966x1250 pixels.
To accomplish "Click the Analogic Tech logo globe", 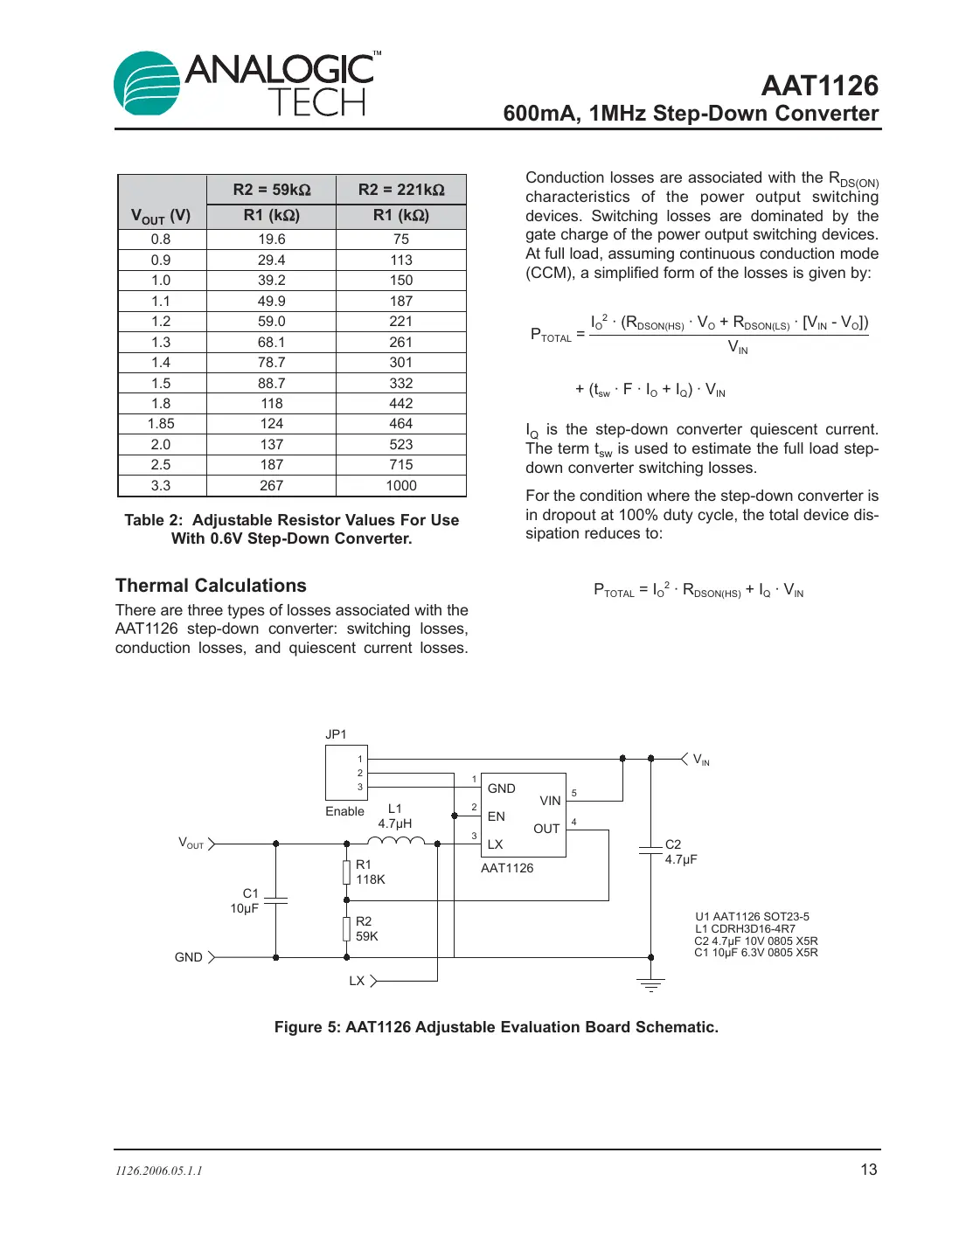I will click(147, 84).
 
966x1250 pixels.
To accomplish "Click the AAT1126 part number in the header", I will click(819, 86).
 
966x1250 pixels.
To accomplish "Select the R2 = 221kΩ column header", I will click(401, 190).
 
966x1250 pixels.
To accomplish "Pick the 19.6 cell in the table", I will click(271, 240).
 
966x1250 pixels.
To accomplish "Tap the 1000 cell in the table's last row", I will click(401, 486).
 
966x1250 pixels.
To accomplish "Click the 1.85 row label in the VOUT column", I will click(161, 424).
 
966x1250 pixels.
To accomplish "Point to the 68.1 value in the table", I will click(271, 343).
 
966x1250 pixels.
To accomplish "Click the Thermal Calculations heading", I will click(211, 586).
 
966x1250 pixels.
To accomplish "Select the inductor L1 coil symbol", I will click(395, 841).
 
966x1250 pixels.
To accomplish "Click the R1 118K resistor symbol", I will click(347, 872).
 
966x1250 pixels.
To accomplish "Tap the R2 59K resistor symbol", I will click(347, 928).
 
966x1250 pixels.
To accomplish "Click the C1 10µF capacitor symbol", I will click(276, 900).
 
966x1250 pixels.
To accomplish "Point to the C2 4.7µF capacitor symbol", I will click(650, 850).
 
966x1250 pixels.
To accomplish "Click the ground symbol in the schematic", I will click(650, 985).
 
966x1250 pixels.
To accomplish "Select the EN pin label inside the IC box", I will click(496, 816).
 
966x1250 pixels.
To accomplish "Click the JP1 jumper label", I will click(336, 734).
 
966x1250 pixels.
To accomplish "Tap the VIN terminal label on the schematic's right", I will click(700, 760).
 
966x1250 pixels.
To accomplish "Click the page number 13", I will click(868, 1170).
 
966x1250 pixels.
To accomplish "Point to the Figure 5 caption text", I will click(496, 1027).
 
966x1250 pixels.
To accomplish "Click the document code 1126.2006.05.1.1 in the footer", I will click(158, 1170).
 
